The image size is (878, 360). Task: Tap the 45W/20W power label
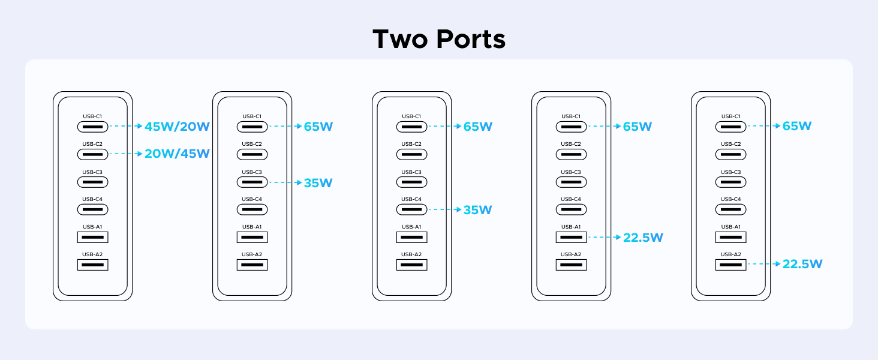coord(177,127)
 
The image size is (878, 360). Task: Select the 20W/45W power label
coord(177,154)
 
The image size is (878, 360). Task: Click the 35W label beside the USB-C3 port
coord(318,182)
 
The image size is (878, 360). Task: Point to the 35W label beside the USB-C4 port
coord(477,210)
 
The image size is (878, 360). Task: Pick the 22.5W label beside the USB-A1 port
coord(643,238)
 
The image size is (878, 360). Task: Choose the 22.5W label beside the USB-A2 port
coord(802,264)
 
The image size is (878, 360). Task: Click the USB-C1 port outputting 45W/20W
coord(92,127)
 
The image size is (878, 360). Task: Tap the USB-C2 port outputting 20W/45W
coord(92,154)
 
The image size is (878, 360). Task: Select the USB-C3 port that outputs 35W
coord(252,182)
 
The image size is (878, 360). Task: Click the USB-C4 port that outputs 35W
coord(411,209)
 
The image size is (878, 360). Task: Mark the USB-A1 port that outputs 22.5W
coord(571,237)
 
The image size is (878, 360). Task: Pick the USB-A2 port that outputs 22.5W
coord(730,265)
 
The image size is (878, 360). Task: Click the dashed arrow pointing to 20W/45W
coord(126,154)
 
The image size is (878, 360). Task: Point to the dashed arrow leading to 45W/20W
coord(126,127)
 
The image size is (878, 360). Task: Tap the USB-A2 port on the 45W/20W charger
coord(92,265)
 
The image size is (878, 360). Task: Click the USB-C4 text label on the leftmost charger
coord(92,199)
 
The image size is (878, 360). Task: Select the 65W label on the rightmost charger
coord(796,126)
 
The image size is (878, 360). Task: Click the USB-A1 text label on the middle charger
coord(411,227)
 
